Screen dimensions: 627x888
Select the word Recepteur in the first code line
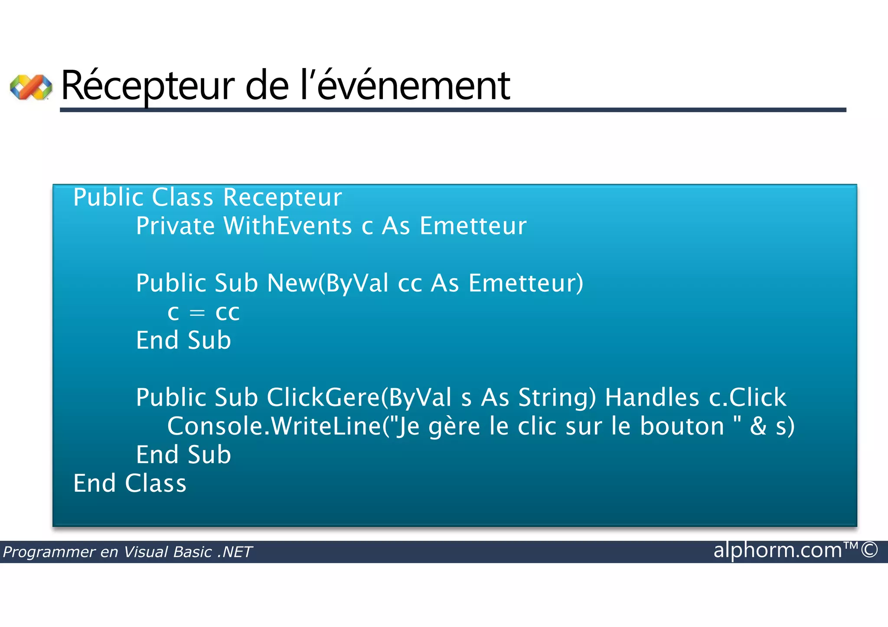[x=282, y=198]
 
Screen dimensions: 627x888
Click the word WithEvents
[x=287, y=226]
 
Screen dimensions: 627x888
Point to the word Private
[x=175, y=226]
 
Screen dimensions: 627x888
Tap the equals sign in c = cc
[x=197, y=312]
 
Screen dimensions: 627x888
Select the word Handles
[x=652, y=398]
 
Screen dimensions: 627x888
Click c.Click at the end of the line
[x=747, y=398]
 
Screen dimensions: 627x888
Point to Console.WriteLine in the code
[x=274, y=426]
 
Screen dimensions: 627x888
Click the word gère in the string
[x=454, y=426]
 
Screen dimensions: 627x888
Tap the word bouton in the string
[x=682, y=426]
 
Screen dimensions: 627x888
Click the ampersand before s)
[x=758, y=426]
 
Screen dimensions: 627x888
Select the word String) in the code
[x=557, y=398]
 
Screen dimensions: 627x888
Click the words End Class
[x=130, y=484]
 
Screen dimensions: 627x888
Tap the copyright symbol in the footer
[x=869, y=550]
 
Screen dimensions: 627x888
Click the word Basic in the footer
[x=192, y=552]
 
